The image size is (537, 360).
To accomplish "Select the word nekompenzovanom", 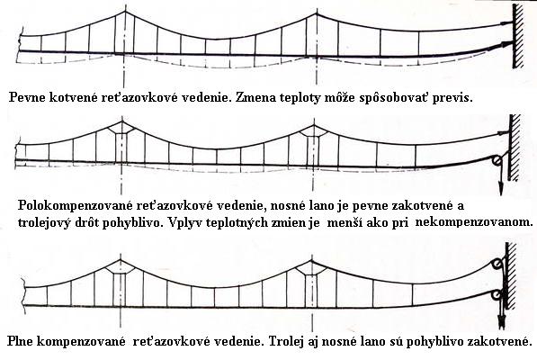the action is (x=474, y=222).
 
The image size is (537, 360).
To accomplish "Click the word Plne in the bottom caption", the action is (x=20, y=341).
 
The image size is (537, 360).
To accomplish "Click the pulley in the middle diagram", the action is (x=497, y=160).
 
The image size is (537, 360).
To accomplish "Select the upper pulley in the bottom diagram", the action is (x=496, y=265).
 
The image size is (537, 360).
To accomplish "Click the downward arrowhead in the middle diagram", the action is (x=501, y=189).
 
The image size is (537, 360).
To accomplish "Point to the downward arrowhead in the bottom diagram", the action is (x=503, y=321).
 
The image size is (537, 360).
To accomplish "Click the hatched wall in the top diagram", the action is (x=518, y=36).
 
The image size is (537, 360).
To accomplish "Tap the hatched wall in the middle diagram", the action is (x=515, y=148).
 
